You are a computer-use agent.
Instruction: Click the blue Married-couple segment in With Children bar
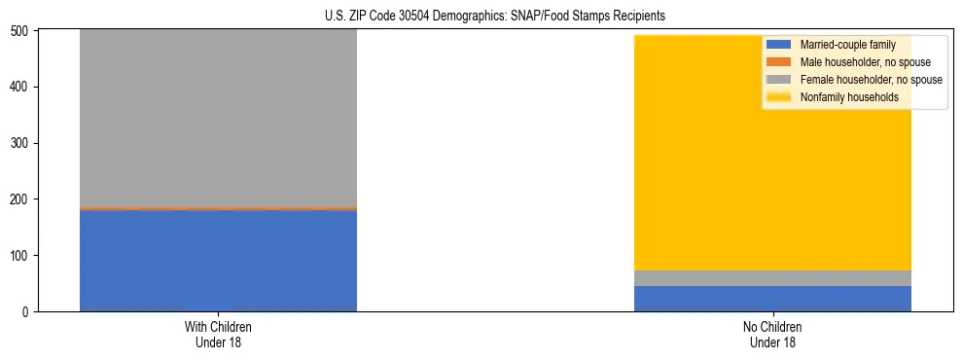tap(218, 260)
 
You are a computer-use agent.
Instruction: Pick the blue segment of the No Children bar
tap(772, 299)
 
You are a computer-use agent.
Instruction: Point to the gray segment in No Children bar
tap(772, 278)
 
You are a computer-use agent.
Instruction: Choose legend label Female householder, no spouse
tap(871, 80)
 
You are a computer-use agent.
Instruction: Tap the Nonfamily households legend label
tap(849, 97)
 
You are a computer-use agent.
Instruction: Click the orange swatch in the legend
tap(779, 62)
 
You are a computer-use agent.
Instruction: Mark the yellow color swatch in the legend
tap(779, 97)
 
